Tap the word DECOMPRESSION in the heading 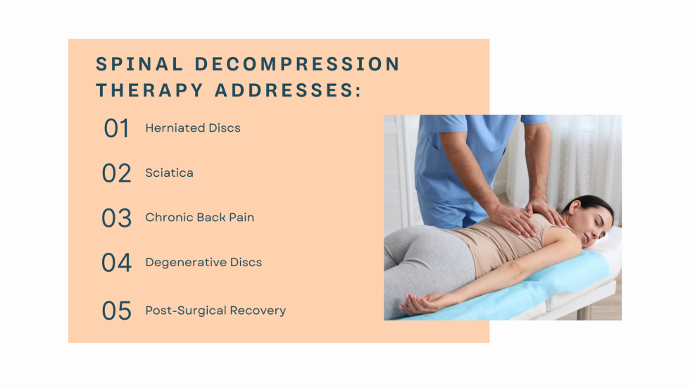point(297,64)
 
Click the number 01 point(116,129)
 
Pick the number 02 point(116,173)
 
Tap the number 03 point(116,218)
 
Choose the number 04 point(116,263)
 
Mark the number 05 point(116,311)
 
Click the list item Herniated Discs point(193,128)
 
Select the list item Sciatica point(169,173)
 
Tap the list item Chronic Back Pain point(199,218)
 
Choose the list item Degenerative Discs point(203,263)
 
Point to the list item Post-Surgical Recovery point(215,311)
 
